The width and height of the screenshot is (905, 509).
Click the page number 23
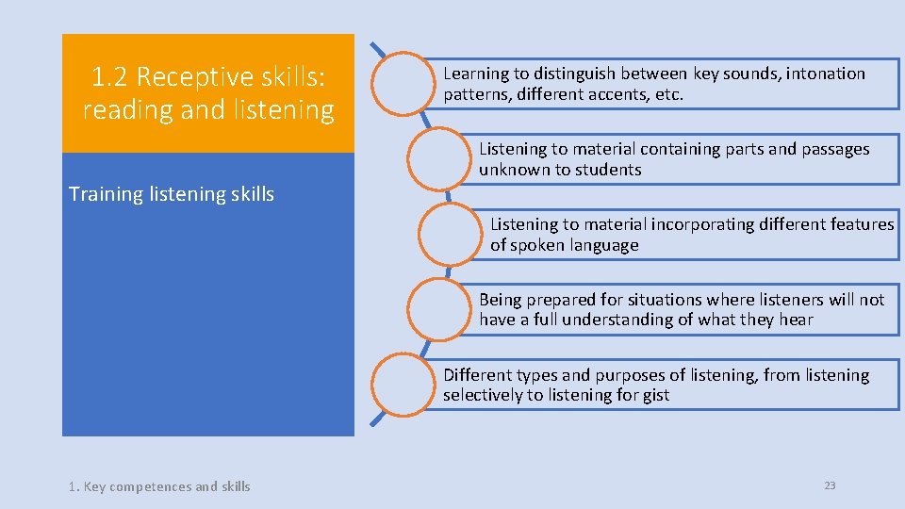pos(830,485)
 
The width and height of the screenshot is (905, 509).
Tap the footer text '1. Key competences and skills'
pos(159,486)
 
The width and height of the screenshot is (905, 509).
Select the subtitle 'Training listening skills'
pos(172,194)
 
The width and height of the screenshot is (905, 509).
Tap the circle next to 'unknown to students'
pos(440,159)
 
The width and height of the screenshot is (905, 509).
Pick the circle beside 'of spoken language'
pos(452,235)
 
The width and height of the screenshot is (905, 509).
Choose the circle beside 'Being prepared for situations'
pos(440,310)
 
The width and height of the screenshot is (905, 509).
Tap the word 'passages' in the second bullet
pos(835,149)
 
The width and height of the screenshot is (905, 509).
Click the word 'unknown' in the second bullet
pos(517,170)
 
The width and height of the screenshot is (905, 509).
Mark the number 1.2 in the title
pos(111,76)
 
